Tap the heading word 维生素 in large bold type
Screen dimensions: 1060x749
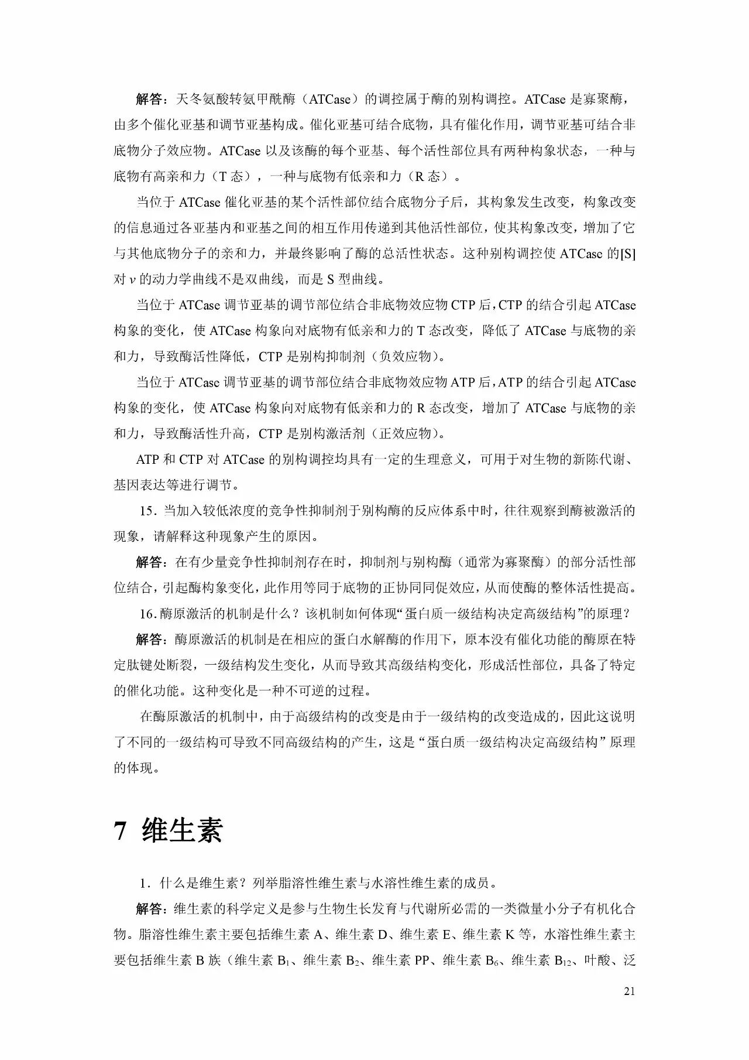pyautogui.click(x=182, y=830)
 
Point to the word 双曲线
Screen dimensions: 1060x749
pyautogui.click(x=265, y=280)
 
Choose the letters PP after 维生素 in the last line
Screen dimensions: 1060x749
pyautogui.click(x=422, y=961)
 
